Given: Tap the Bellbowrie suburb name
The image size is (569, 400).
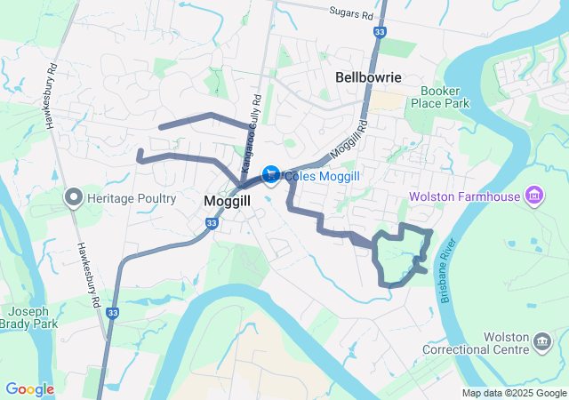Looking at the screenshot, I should coord(369,77).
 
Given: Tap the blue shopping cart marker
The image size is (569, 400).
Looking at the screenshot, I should coord(271,173).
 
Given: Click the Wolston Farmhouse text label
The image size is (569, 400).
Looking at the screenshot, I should coord(464,196).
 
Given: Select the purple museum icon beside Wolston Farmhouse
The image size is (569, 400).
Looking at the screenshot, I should coord(534,195).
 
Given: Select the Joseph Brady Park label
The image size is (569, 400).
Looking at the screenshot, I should coord(33,318).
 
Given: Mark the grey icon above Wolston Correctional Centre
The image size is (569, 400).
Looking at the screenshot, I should coord(541,341).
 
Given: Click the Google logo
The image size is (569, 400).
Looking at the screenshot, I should coord(29,389).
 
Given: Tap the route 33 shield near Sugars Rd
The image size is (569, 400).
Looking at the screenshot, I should coord(381,32).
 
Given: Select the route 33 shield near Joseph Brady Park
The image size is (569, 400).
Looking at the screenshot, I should coord(112,313).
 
